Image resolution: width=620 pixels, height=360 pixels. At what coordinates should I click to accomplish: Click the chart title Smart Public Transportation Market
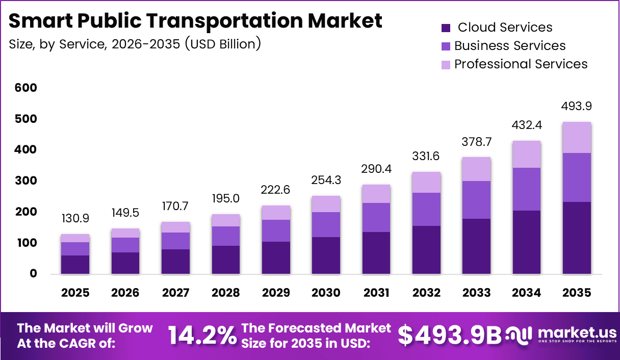click(195, 20)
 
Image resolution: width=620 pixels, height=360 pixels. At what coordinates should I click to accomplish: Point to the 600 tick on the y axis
click(26, 88)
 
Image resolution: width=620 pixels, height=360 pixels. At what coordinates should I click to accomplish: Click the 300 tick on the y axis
click(26, 181)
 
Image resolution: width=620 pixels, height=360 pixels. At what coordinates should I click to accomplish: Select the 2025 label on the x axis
click(75, 293)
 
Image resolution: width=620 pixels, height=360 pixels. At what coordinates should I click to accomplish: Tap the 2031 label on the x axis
click(376, 293)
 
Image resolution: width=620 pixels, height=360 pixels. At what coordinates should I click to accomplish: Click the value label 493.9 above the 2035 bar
click(577, 107)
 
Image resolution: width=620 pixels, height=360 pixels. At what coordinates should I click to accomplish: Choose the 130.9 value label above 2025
click(75, 218)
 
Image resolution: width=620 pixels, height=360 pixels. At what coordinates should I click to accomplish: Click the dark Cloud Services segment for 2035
click(577, 238)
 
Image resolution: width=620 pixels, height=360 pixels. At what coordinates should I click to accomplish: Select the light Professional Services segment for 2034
click(527, 154)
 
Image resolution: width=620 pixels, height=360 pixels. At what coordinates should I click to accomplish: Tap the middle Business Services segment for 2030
click(326, 224)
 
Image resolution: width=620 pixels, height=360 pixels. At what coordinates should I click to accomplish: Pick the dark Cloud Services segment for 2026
click(125, 263)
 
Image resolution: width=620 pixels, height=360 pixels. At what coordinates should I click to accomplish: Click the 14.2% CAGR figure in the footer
click(202, 335)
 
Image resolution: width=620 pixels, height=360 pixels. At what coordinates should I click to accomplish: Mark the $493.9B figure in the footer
click(450, 335)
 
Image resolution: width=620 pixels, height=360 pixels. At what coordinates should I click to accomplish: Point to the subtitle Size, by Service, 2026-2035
click(135, 44)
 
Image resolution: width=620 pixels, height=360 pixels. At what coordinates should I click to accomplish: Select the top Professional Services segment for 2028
click(225, 220)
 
